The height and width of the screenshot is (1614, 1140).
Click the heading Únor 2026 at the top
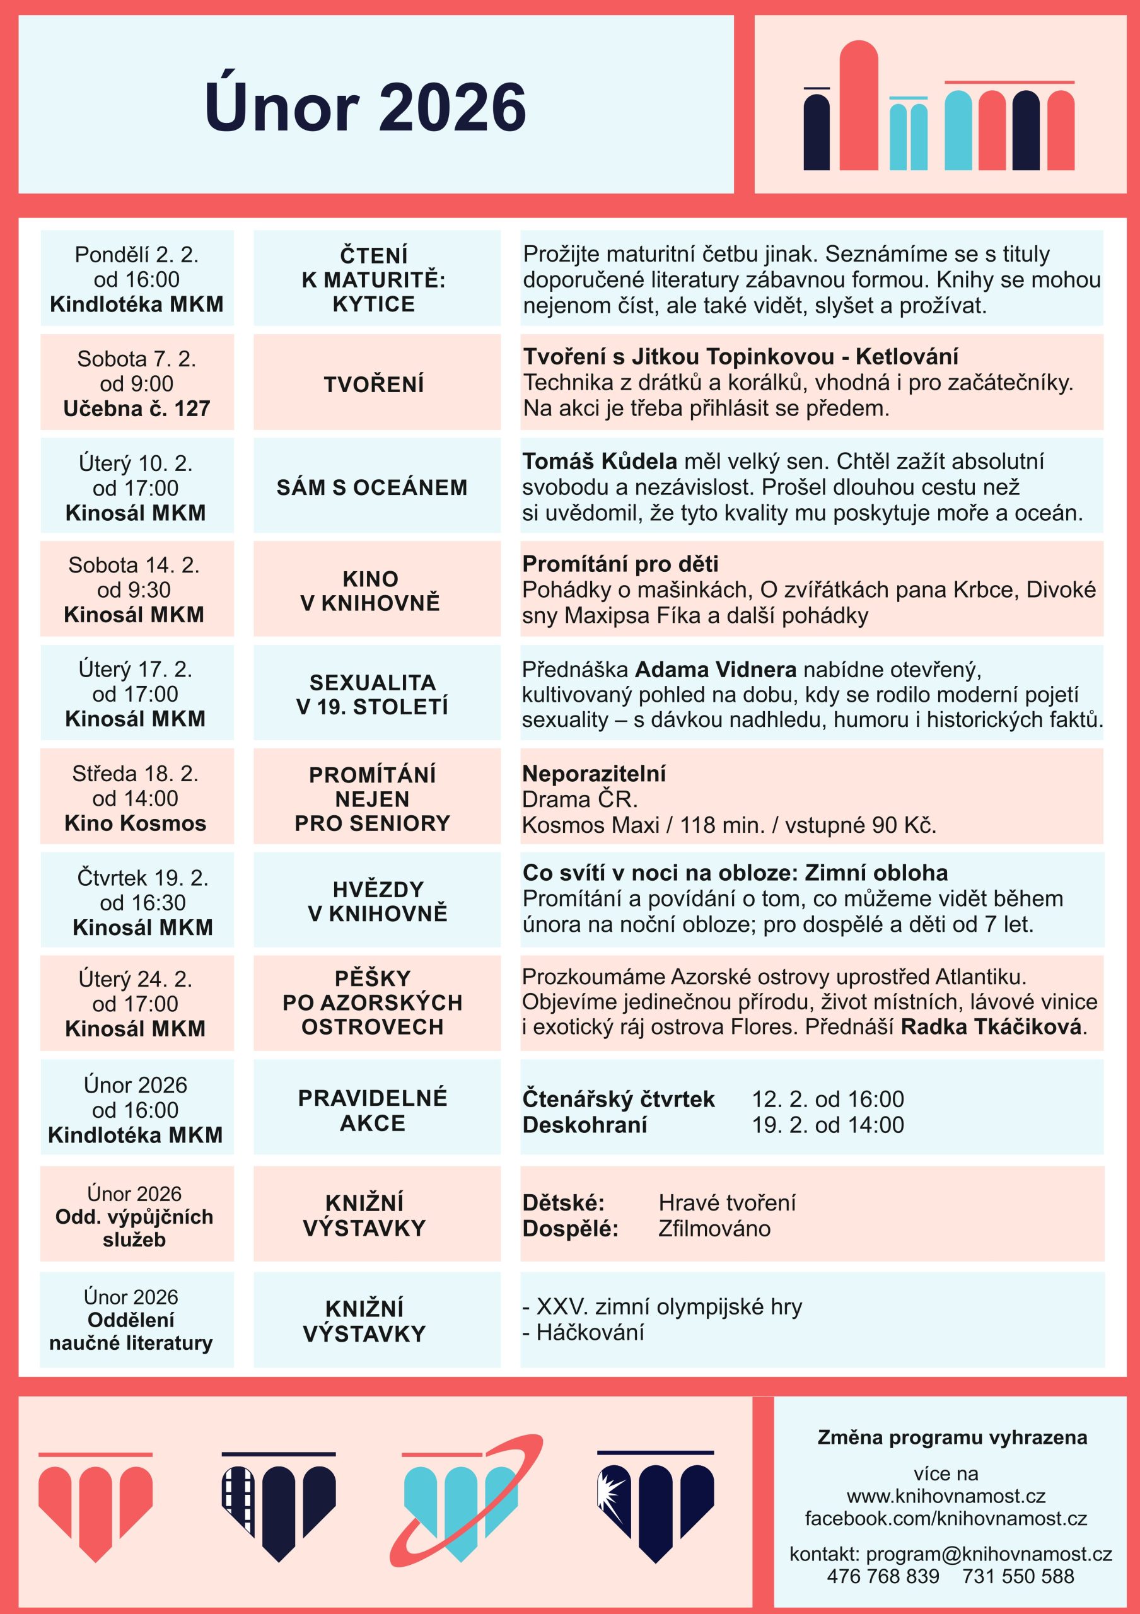(x=365, y=107)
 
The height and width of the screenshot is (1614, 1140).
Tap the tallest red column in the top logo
(x=858, y=105)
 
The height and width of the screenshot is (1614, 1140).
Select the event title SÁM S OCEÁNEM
(x=372, y=487)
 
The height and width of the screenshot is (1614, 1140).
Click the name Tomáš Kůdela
(x=600, y=461)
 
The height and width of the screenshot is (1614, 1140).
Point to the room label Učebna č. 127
(x=136, y=409)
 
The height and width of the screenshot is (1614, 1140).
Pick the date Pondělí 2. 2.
(x=136, y=254)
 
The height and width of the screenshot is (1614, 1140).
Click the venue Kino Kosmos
(x=136, y=823)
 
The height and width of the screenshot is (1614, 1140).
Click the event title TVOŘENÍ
(x=374, y=385)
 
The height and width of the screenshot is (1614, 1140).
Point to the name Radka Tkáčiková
(x=991, y=1027)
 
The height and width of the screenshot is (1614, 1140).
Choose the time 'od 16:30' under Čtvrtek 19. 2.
(x=142, y=903)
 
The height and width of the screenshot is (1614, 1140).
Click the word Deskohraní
(x=585, y=1125)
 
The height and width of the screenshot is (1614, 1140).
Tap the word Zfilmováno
(x=714, y=1228)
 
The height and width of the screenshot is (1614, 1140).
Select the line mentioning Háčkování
(x=584, y=1332)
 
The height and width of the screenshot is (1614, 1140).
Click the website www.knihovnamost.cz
(x=946, y=1496)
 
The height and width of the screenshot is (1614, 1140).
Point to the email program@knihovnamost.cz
(x=989, y=1553)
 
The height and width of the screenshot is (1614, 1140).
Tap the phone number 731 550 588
(x=1018, y=1576)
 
